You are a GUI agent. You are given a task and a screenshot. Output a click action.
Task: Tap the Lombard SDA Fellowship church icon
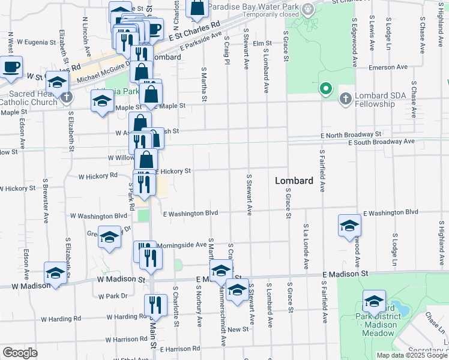pos(345,98)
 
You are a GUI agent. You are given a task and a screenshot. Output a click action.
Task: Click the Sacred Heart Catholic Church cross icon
pos(67,97)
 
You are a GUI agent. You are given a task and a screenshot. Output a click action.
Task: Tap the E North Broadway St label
pos(351,134)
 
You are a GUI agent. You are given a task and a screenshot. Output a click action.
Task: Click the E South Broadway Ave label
pos(382,142)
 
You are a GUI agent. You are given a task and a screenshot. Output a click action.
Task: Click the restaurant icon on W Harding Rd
pos(155,306)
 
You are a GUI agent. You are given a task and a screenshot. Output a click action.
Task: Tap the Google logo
pos(20,353)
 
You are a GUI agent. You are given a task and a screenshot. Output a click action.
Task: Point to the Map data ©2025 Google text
pos(408,355)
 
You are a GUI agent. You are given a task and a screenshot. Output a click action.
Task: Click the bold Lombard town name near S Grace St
pos(294,181)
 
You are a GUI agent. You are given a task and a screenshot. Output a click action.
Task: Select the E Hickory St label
pos(173,171)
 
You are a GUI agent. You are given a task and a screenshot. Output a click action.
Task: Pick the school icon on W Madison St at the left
pos(56,274)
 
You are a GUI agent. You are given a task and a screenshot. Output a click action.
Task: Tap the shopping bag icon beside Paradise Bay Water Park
pos(196,7)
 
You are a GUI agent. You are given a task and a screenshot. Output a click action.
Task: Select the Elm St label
pos(262,43)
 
